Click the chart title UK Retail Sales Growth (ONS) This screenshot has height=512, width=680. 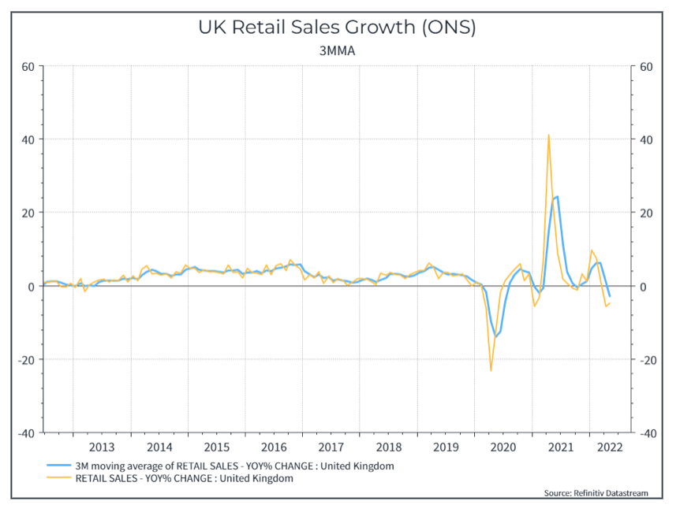tap(337, 28)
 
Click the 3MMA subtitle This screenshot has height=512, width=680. tap(337, 51)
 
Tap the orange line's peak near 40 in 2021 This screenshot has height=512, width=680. tap(548, 135)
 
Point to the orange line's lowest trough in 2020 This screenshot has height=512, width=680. tap(491, 370)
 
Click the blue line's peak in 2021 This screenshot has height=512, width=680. tap(558, 196)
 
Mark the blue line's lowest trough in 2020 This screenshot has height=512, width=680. tap(495, 337)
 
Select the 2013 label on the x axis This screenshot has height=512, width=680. tap(102, 447)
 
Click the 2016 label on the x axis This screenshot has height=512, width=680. tap(273, 447)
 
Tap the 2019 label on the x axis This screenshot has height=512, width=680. tap(445, 447)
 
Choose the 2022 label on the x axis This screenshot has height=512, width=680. tap(611, 447)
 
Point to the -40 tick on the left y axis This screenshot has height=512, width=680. tap(24, 433)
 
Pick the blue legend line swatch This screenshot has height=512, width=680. tap(58, 466)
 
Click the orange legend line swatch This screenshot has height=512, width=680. tap(58, 478)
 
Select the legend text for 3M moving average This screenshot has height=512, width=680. tap(234, 466)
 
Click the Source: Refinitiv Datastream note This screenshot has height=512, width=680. tap(596, 493)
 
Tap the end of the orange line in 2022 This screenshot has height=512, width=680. tap(610, 303)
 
